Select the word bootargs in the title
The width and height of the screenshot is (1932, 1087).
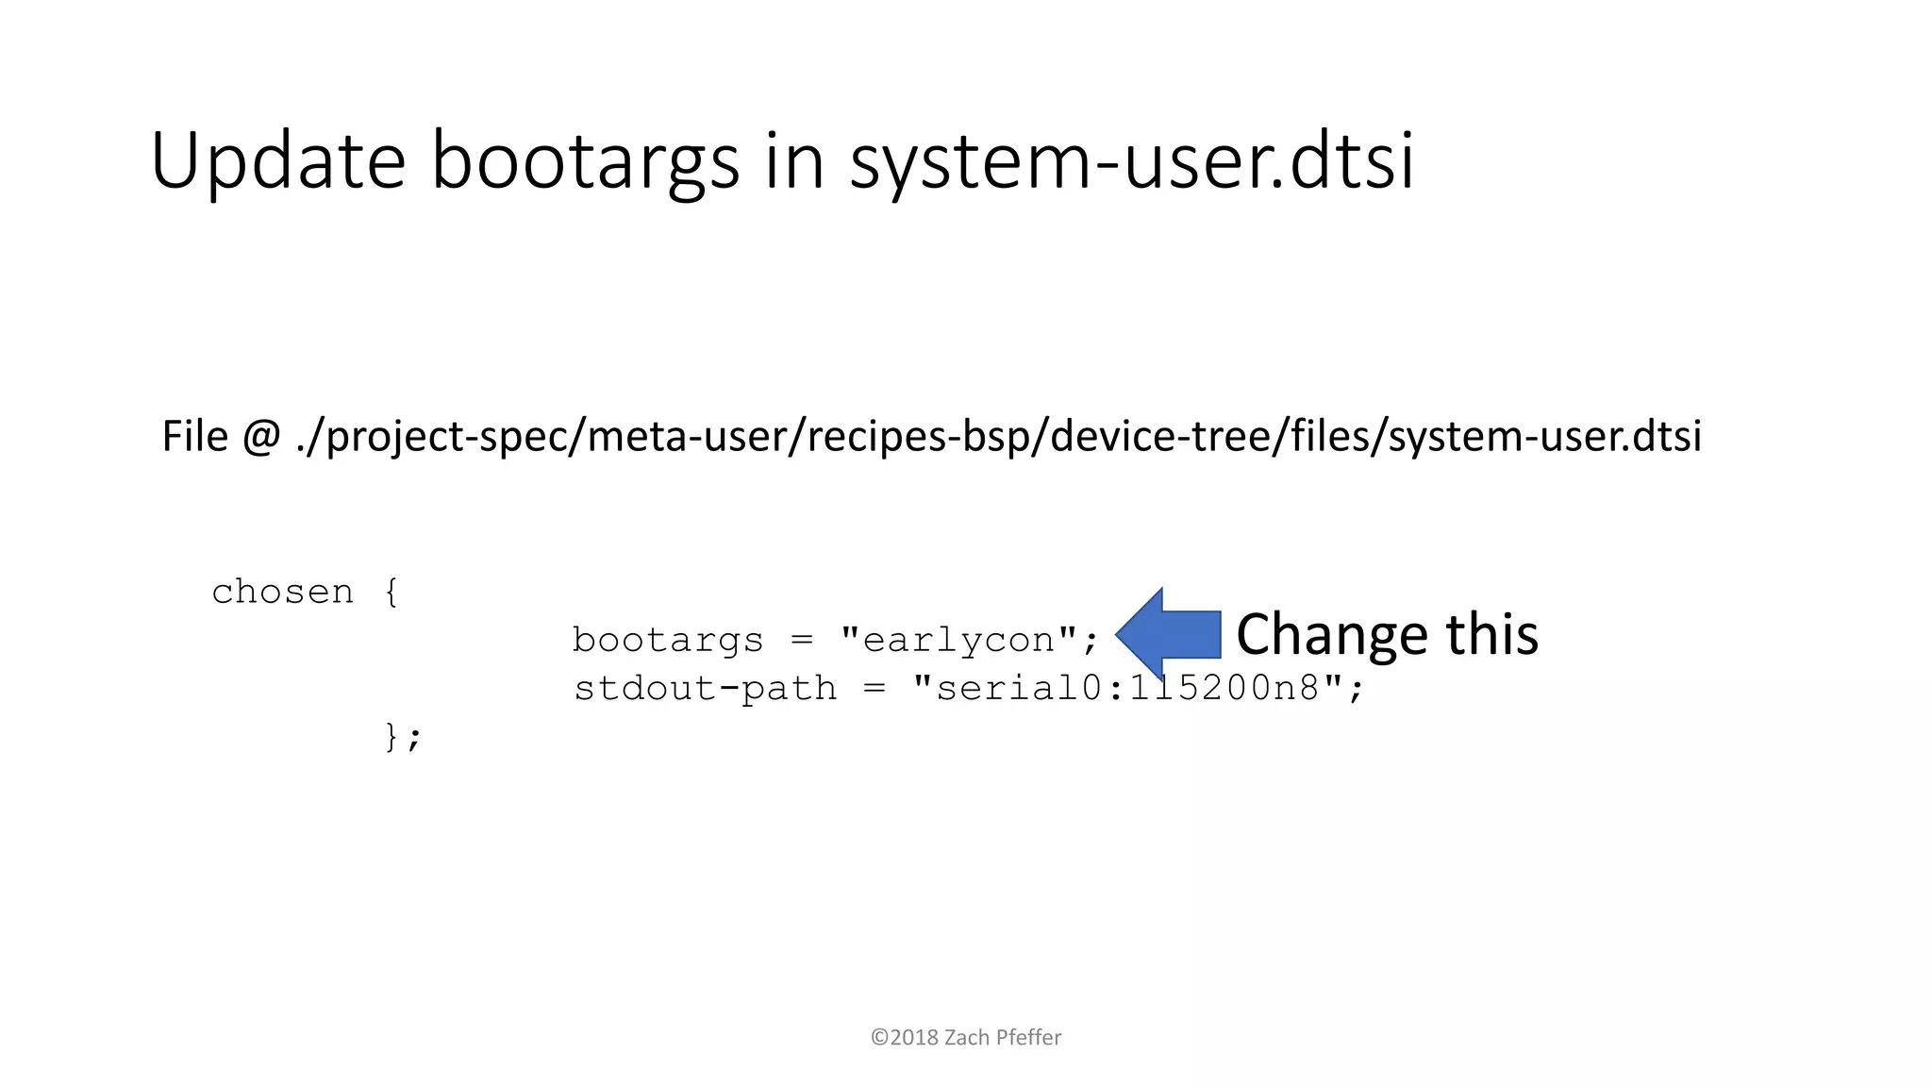[585, 162]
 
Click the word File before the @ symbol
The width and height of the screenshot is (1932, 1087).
[195, 436]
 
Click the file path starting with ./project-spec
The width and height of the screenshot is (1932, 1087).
[998, 437]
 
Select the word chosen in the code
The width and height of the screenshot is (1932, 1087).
[282, 593]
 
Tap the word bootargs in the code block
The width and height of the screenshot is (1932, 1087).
[667, 641]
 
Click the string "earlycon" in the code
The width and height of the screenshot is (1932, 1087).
[958, 641]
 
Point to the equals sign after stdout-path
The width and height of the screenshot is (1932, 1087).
[874, 689]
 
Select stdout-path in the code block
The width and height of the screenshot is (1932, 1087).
[705, 689]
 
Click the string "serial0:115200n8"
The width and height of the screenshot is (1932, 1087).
[1126, 689]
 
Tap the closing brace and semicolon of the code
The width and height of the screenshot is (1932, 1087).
[403, 737]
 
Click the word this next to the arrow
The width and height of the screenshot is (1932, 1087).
[1492, 634]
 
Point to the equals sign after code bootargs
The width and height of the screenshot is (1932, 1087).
[801, 641]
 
